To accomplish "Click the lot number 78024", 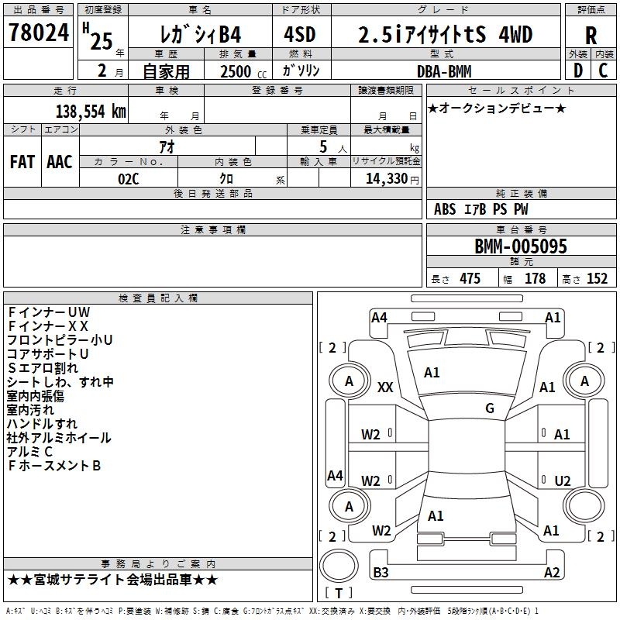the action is click(38, 33).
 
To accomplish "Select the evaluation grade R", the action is click(591, 35).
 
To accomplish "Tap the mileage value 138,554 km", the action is click(91, 112).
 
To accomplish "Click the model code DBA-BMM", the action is click(444, 71).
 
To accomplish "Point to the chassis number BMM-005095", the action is click(520, 246).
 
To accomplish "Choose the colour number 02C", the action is click(128, 179).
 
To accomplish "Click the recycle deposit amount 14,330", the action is click(386, 179).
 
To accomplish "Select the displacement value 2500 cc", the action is click(243, 71).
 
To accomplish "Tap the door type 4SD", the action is click(299, 34).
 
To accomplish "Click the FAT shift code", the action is click(22, 162).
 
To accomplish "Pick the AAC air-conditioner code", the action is click(60, 162).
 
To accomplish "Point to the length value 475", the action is click(470, 278).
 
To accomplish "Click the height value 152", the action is click(597, 278).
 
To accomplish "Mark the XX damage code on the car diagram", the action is click(384, 387).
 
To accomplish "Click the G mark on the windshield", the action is click(490, 408).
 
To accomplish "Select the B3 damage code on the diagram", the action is click(381, 572).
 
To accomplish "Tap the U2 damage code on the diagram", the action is click(563, 480).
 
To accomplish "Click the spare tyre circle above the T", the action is click(339, 566).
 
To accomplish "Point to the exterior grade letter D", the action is click(577, 71).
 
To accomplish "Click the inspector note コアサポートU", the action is click(47, 354).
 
